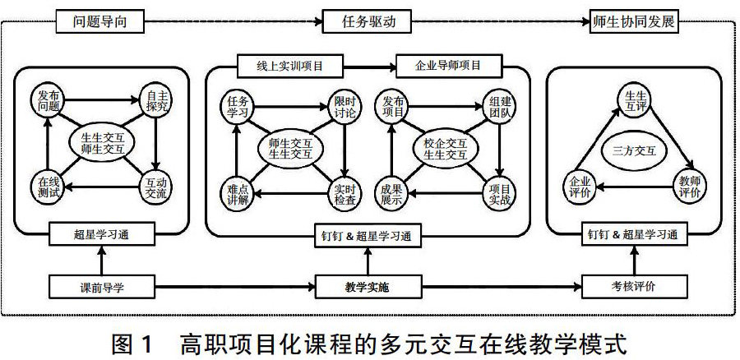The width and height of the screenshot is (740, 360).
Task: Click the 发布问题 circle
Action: (x=48, y=100)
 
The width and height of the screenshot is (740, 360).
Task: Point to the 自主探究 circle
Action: (x=154, y=100)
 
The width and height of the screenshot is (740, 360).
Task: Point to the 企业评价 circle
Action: (x=580, y=187)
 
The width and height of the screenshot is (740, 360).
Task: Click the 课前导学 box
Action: (x=101, y=288)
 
